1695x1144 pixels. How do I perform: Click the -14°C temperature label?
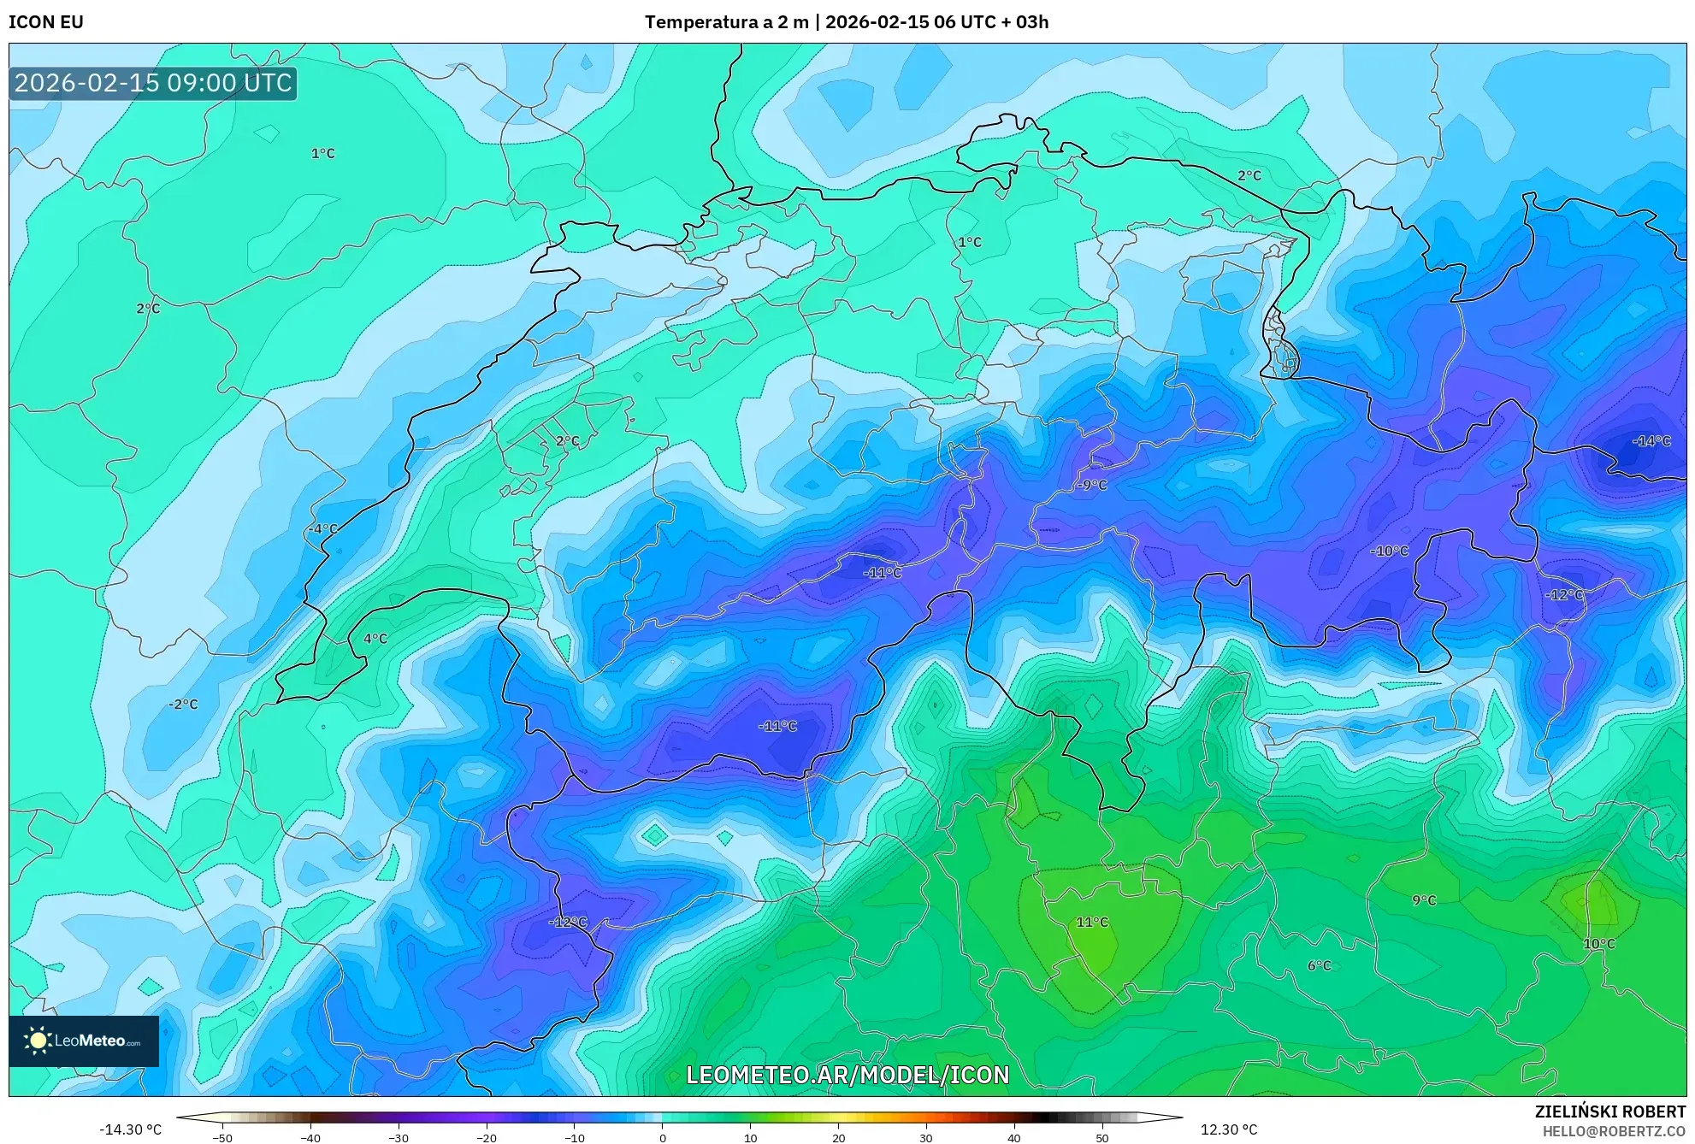[x=1651, y=441]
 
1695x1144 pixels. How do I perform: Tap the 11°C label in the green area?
[x=1092, y=923]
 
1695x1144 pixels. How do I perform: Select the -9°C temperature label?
[x=1091, y=485]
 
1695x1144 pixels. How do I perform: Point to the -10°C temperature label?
[x=1389, y=551]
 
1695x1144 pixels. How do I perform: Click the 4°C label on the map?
[x=375, y=639]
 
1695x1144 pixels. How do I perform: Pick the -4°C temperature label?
[x=323, y=529]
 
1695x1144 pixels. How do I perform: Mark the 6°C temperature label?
[x=1320, y=966]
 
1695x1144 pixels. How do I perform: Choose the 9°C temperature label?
[x=1424, y=900]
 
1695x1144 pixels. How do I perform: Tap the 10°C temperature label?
[x=1599, y=944]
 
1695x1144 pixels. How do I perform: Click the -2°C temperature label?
[x=183, y=705]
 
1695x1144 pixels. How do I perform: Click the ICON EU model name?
[x=46, y=22]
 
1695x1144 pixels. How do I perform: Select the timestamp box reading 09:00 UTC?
[x=153, y=83]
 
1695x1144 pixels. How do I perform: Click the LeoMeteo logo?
[x=84, y=1041]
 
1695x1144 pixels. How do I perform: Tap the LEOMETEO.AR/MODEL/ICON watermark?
[x=847, y=1075]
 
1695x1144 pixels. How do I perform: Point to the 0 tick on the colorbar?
[x=662, y=1137]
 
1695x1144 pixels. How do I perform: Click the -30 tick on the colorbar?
[x=399, y=1137]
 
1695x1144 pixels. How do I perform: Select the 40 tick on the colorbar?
[x=1014, y=1137]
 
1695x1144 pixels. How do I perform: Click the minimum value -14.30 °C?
[x=130, y=1129]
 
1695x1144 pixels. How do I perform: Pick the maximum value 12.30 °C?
[x=1229, y=1129]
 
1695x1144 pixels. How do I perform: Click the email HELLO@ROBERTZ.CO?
[x=1614, y=1131]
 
